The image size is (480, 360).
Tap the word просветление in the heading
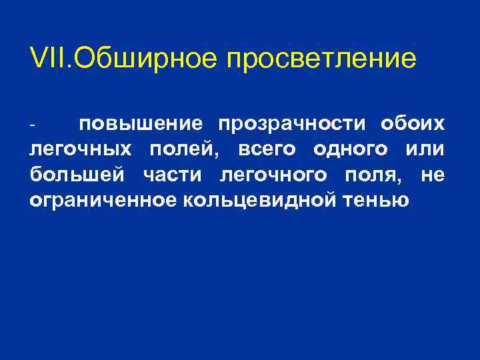(x=321, y=59)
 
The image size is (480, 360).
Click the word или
(x=427, y=150)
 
